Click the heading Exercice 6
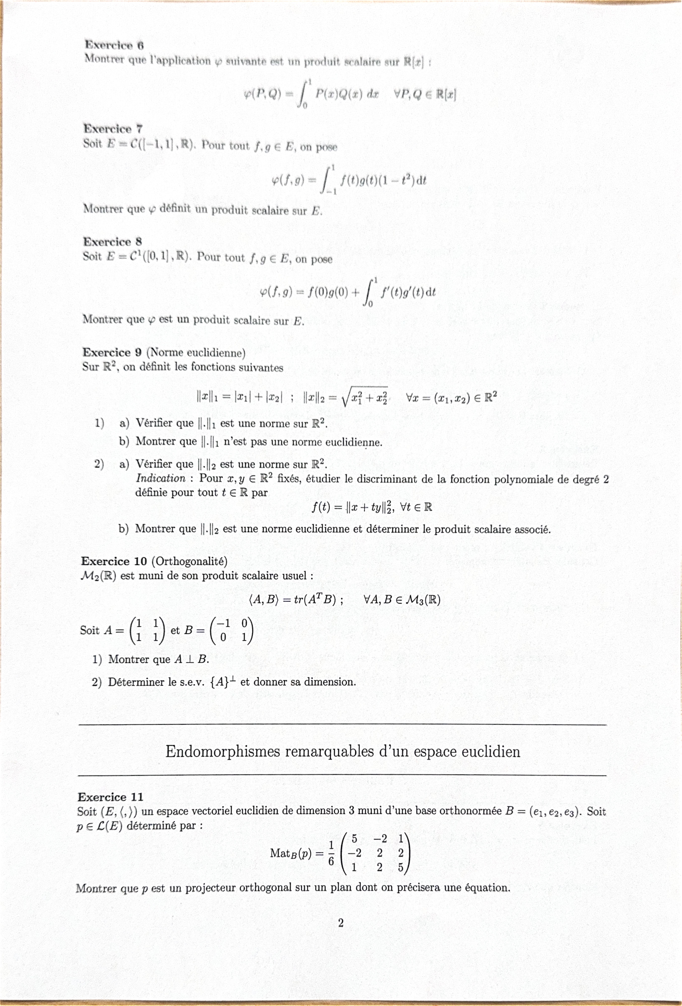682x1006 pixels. (114, 45)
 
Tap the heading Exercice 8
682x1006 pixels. (113, 242)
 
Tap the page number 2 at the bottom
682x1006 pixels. (341, 923)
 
